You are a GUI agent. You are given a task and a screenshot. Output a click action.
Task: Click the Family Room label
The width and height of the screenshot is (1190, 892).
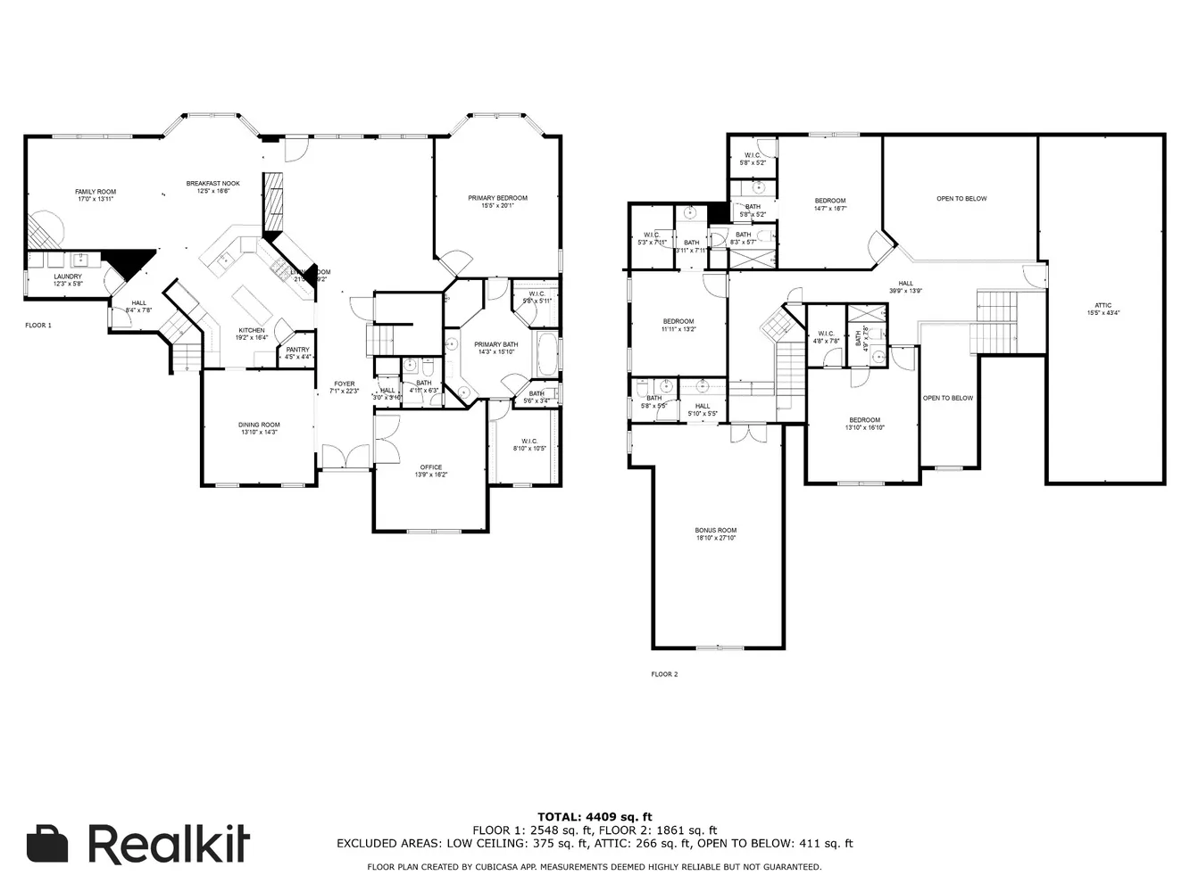click(x=96, y=195)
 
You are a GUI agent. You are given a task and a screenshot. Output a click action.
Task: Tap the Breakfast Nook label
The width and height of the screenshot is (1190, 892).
click(x=213, y=187)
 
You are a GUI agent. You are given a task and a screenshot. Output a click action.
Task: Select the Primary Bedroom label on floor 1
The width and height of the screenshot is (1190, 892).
click(x=497, y=202)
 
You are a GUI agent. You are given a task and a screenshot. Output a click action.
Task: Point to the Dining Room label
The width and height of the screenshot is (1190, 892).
click(x=259, y=428)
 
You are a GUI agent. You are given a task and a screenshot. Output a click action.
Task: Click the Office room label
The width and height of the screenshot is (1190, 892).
click(x=431, y=471)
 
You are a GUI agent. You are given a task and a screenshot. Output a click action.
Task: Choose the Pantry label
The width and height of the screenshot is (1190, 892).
click(x=298, y=353)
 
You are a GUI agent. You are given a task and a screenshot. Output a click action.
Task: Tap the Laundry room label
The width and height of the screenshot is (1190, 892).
click(x=68, y=280)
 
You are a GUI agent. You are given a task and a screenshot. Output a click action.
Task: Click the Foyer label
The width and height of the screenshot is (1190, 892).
click(x=344, y=388)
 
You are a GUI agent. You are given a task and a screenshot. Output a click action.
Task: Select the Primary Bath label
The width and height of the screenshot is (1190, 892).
click(x=495, y=348)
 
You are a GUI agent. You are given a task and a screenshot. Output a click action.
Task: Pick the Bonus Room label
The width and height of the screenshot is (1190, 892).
click(x=716, y=534)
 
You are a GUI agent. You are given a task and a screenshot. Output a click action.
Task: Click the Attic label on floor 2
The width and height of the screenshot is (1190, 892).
click(x=1103, y=309)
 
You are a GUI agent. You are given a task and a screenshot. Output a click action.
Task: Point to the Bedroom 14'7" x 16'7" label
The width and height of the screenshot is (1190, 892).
click(x=829, y=204)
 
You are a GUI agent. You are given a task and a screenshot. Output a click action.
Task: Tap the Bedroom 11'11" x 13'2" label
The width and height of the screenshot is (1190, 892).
click(x=678, y=325)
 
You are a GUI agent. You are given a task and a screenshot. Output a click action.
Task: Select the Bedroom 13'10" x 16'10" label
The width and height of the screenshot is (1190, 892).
click(x=864, y=424)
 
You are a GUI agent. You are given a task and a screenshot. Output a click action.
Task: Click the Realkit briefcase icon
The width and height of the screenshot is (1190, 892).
click(x=47, y=844)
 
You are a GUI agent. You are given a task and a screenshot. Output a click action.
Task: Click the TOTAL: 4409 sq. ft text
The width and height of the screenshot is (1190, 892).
click(x=595, y=816)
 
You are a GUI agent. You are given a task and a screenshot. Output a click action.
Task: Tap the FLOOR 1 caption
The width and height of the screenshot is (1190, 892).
click(x=38, y=326)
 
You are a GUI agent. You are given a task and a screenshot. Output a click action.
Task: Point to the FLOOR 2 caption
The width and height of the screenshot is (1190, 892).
click(x=664, y=674)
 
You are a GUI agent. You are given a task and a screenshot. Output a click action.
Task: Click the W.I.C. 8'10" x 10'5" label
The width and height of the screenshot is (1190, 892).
click(x=528, y=444)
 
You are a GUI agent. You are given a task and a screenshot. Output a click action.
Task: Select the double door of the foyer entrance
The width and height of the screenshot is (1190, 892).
click(x=345, y=457)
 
